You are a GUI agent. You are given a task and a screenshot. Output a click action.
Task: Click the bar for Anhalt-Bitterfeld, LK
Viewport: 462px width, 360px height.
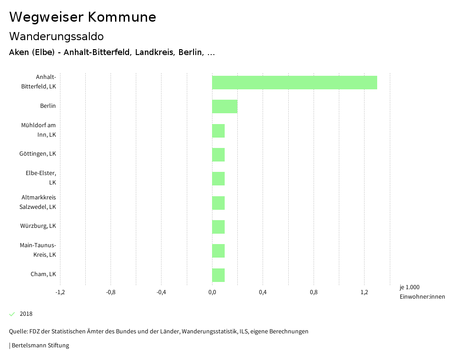tap(294, 83)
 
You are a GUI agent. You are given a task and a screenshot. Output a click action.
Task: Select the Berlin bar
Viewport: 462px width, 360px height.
tap(225, 106)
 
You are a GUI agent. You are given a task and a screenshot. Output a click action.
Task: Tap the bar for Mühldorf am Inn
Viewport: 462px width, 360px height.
tap(218, 131)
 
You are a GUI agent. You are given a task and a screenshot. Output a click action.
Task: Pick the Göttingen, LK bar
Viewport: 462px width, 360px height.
tap(218, 155)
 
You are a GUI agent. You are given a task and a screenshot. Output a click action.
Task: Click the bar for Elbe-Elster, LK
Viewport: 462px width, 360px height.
tap(218, 179)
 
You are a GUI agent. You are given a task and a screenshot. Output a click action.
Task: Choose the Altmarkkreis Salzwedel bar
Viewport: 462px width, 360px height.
tap(218, 203)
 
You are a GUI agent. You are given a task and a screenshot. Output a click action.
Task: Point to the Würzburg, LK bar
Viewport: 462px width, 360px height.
tap(218, 227)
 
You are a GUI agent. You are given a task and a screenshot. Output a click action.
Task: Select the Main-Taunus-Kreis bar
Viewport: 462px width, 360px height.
tap(218, 251)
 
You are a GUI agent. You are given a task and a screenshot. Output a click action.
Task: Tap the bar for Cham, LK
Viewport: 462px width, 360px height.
tap(218, 275)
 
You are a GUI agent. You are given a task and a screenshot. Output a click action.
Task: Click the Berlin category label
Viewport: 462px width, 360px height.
tap(48, 106)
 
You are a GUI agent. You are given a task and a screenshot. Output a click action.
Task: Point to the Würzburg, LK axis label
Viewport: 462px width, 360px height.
tap(38, 226)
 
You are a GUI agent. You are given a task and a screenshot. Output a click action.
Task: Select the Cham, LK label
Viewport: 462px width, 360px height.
tap(43, 274)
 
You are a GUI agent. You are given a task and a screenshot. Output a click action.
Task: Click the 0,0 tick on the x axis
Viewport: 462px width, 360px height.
tap(212, 292)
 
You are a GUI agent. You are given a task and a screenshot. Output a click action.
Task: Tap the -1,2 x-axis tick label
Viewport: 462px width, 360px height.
tap(60, 292)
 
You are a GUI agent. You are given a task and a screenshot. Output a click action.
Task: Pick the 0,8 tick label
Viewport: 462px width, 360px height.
tap(314, 292)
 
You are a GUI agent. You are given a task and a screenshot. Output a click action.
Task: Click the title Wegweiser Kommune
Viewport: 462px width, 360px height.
tap(83, 17)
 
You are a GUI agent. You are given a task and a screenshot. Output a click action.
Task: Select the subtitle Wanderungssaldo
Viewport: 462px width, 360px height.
tap(56, 37)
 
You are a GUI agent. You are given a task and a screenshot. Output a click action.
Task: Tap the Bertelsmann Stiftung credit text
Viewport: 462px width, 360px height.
tap(40, 346)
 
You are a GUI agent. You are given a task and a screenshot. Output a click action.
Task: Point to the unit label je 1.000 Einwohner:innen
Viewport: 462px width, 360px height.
tap(422, 292)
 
